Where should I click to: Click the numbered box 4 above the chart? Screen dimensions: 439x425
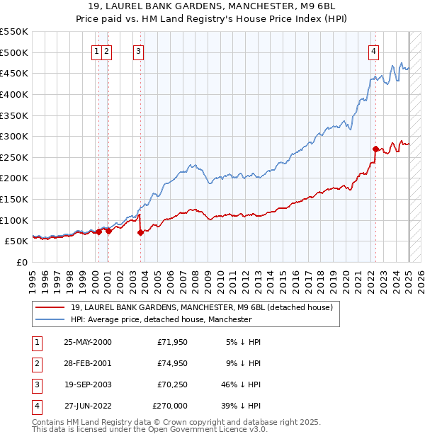(x=373, y=50)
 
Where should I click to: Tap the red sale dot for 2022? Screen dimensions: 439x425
(x=375, y=149)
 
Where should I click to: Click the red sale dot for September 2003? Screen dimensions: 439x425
(x=140, y=232)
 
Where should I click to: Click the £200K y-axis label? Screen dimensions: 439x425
(x=14, y=178)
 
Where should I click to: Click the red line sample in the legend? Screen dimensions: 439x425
(x=50, y=307)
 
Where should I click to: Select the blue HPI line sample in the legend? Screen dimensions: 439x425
(x=50, y=320)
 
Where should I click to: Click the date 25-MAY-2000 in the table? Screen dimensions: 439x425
(x=87, y=343)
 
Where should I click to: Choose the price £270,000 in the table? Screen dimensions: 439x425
(x=170, y=406)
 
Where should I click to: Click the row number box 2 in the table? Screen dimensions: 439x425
(x=35, y=364)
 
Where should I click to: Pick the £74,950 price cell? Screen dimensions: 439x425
(x=173, y=364)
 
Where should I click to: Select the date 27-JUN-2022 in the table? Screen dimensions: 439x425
(x=87, y=406)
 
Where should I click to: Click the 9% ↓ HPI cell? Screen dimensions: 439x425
(x=244, y=364)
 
